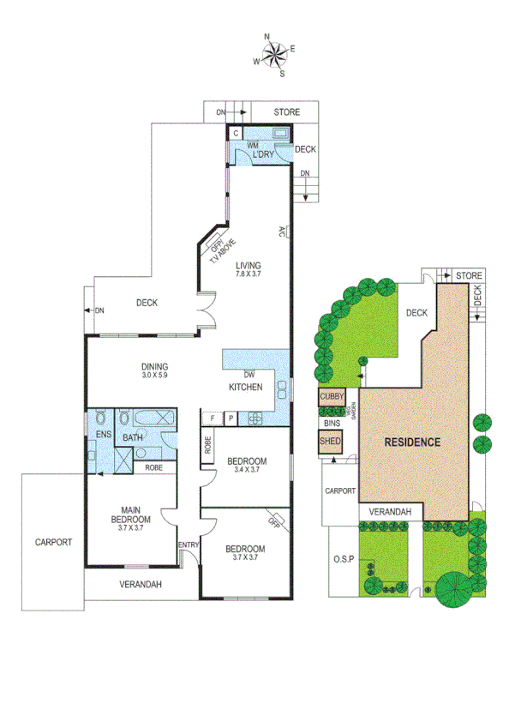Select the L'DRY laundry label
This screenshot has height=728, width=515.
[262, 153]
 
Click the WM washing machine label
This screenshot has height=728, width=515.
[252, 146]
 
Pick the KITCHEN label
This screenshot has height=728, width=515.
[244, 388]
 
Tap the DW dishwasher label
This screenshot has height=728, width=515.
[249, 375]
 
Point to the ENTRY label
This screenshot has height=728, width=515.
[188, 544]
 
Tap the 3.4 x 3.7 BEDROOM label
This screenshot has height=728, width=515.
[247, 466]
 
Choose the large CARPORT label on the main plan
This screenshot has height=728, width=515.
[53, 542]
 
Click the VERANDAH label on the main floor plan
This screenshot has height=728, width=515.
[141, 585]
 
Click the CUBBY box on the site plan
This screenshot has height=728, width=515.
[331, 397]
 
